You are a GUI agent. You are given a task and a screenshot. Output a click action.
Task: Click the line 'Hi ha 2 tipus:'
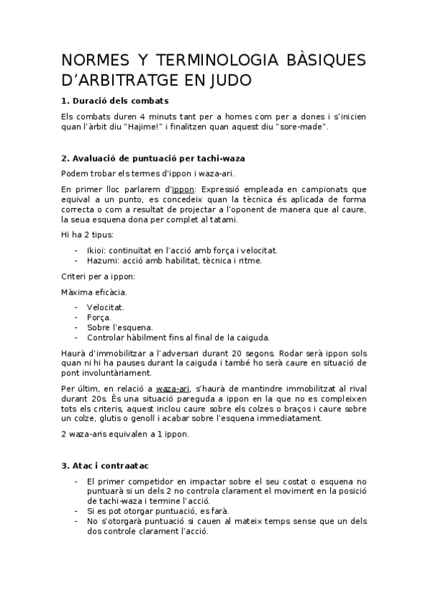pyautogui.click(x=87, y=234)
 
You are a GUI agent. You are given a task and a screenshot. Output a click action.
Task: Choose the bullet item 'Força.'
pyautogui.click(x=99, y=317)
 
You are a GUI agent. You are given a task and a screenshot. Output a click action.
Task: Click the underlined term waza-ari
pyautogui.click(x=173, y=388)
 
